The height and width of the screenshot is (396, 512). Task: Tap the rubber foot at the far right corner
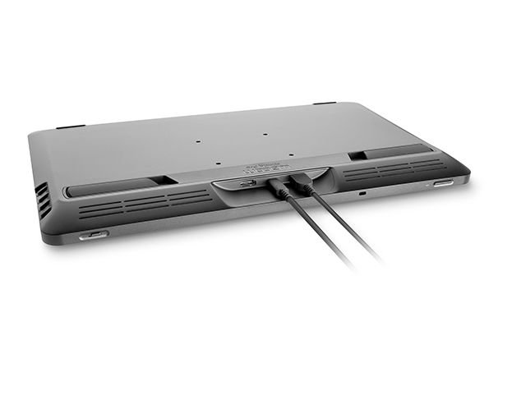(325, 104)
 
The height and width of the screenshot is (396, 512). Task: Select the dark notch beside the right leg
(357, 155)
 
